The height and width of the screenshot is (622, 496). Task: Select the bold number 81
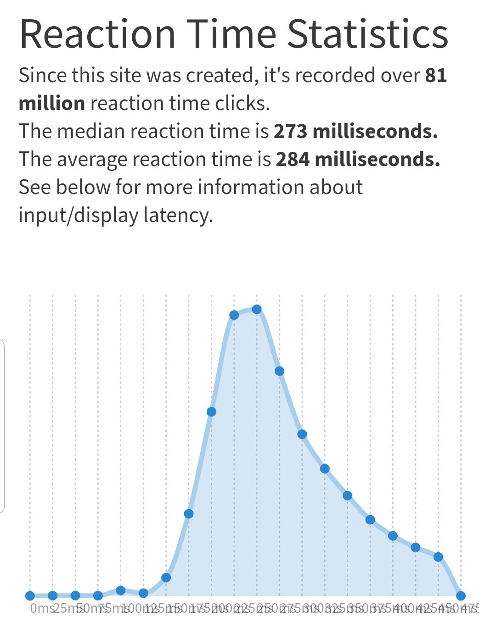pyautogui.click(x=436, y=75)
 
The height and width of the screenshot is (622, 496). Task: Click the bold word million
pyautogui.click(x=51, y=103)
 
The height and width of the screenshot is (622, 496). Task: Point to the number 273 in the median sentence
pyautogui.click(x=290, y=131)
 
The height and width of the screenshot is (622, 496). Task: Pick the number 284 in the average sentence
pyautogui.click(x=292, y=159)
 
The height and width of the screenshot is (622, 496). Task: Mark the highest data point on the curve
pyautogui.click(x=257, y=310)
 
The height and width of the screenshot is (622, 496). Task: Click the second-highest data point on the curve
pyautogui.click(x=234, y=315)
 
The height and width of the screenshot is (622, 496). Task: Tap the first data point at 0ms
pyautogui.click(x=30, y=596)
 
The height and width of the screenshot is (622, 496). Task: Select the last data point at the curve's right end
pyautogui.click(x=461, y=596)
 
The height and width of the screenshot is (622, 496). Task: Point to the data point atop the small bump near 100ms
pyautogui.click(x=120, y=590)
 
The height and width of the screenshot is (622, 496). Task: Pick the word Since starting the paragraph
pyautogui.click(x=42, y=75)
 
